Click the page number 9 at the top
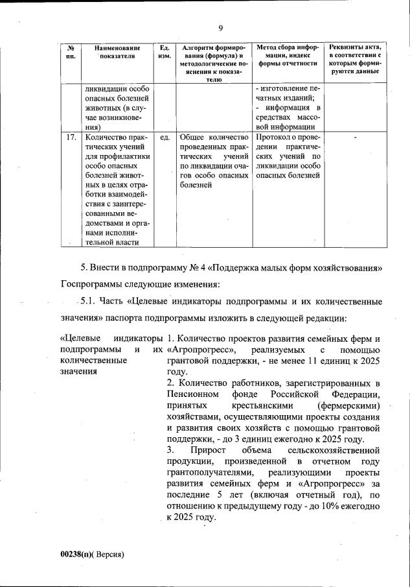point(220,27)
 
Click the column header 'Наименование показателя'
point(117,52)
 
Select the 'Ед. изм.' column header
point(165,52)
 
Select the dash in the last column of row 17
point(355,138)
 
